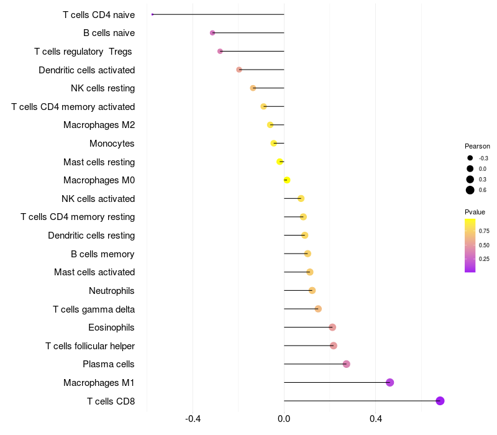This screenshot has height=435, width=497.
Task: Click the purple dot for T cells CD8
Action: (x=440, y=401)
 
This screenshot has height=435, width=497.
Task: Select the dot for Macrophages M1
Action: (x=390, y=382)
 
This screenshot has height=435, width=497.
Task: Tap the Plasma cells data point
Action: (x=346, y=364)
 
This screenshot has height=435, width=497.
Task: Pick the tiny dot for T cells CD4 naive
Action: (x=152, y=14)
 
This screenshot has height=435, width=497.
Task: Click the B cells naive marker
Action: (x=212, y=32)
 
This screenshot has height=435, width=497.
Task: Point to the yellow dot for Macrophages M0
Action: (x=286, y=180)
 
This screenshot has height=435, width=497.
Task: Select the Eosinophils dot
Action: (x=332, y=327)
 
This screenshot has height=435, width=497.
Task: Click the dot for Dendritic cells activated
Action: (x=239, y=70)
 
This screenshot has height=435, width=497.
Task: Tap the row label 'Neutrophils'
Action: (x=112, y=290)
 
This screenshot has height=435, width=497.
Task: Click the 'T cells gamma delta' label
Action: (x=94, y=309)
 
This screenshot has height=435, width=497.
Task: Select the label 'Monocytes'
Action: (x=112, y=144)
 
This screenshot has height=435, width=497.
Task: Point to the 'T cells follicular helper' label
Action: (x=90, y=346)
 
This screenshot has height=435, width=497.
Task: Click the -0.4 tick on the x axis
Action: (x=193, y=419)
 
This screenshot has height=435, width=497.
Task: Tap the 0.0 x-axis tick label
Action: (x=284, y=419)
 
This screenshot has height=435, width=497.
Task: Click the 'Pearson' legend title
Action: (x=477, y=146)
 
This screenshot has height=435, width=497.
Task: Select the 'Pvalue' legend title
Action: (x=475, y=212)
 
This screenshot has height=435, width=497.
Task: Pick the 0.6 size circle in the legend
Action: (x=470, y=190)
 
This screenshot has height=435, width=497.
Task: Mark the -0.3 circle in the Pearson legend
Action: (x=470, y=158)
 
